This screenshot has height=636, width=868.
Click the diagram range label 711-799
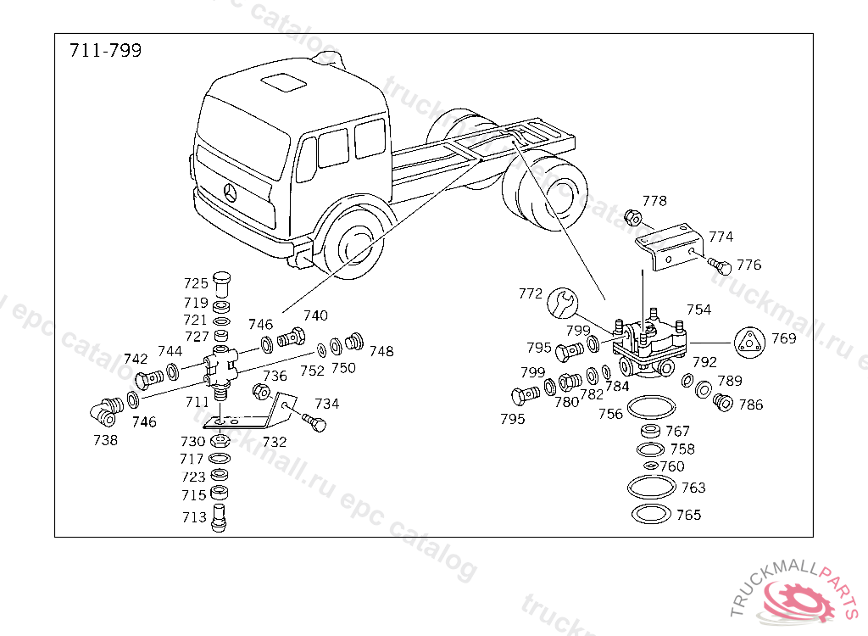click(x=105, y=50)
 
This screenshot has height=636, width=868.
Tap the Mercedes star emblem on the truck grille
click(x=231, y=192)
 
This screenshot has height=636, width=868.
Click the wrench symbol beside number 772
click(x=563, y=303)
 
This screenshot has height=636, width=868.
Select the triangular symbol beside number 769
click(x=749, y=342)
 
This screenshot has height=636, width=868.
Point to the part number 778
click(x=654, y=200)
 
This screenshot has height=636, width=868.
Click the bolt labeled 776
click(x=721, y=266)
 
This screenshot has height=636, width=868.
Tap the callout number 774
click(x=721, y=237)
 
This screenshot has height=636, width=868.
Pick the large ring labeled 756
click(x=652, y=407)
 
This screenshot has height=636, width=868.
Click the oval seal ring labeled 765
click(x=652, y=514)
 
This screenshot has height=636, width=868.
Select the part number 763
click(x=693, y=488)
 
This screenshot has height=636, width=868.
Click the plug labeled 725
click(x=221, y=284)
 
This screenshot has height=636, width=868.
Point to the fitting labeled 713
click(x=220, y=518)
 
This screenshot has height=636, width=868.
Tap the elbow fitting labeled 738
click(x=107, y=412)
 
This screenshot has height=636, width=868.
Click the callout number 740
click(x=315, y=315)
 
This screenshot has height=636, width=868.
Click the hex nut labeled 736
click(x=261, y=391)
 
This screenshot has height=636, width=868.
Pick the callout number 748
click(x=381, y=351)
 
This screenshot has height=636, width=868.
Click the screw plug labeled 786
click(x=723, y=402)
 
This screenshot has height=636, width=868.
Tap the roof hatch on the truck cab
click(x=283, y=82)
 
